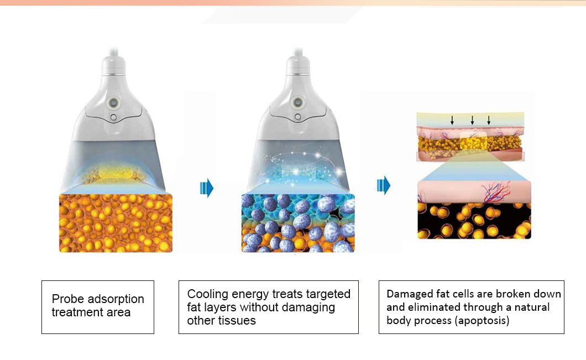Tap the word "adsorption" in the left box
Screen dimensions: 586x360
[116, 299]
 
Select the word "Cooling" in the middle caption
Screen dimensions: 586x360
[208, 294]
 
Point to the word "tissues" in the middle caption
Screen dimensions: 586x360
[238, 320]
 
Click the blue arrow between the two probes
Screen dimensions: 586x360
[207, 187]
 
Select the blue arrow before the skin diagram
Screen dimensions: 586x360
[384, 185]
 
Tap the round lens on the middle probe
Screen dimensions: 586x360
[298, 102]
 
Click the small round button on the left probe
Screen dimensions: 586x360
[114, 117]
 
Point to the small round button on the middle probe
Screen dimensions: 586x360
[298, 117]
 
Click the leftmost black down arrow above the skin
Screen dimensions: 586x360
[452, 120]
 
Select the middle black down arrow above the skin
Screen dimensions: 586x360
[472, 120]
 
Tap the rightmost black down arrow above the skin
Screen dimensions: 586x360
[489, 120]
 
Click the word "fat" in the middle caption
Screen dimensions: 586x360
[193, 307]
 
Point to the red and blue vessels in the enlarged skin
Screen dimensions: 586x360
[496, 191]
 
